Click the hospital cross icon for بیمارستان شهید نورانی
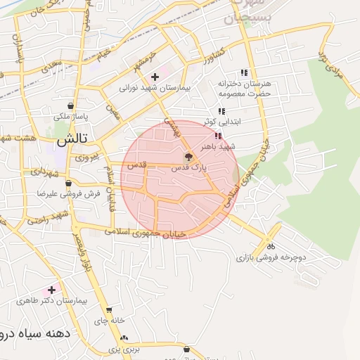[155, 76]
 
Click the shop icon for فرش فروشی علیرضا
[67, 182]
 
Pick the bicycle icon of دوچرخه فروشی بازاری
[271, 247]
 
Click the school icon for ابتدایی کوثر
[221, 111]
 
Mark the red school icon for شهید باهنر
[219, 135]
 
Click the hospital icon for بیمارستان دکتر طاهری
[51, 290]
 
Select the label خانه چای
[111, 320]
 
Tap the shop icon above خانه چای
[109, 310]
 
